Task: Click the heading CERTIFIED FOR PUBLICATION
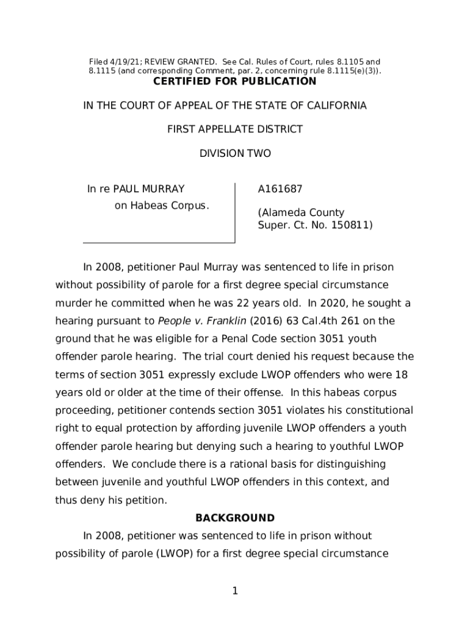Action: (x=235, y=82)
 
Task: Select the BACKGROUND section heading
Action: (x=235, y=518)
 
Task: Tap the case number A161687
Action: (x=280, y=189)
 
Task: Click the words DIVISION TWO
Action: (x=235, y=154)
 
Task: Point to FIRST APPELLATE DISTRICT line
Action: (x=235, y=129)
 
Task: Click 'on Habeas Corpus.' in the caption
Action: (x=162, y=205)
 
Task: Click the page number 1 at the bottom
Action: (x=235, y=591)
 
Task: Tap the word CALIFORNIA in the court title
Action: (x=336, y=106)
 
